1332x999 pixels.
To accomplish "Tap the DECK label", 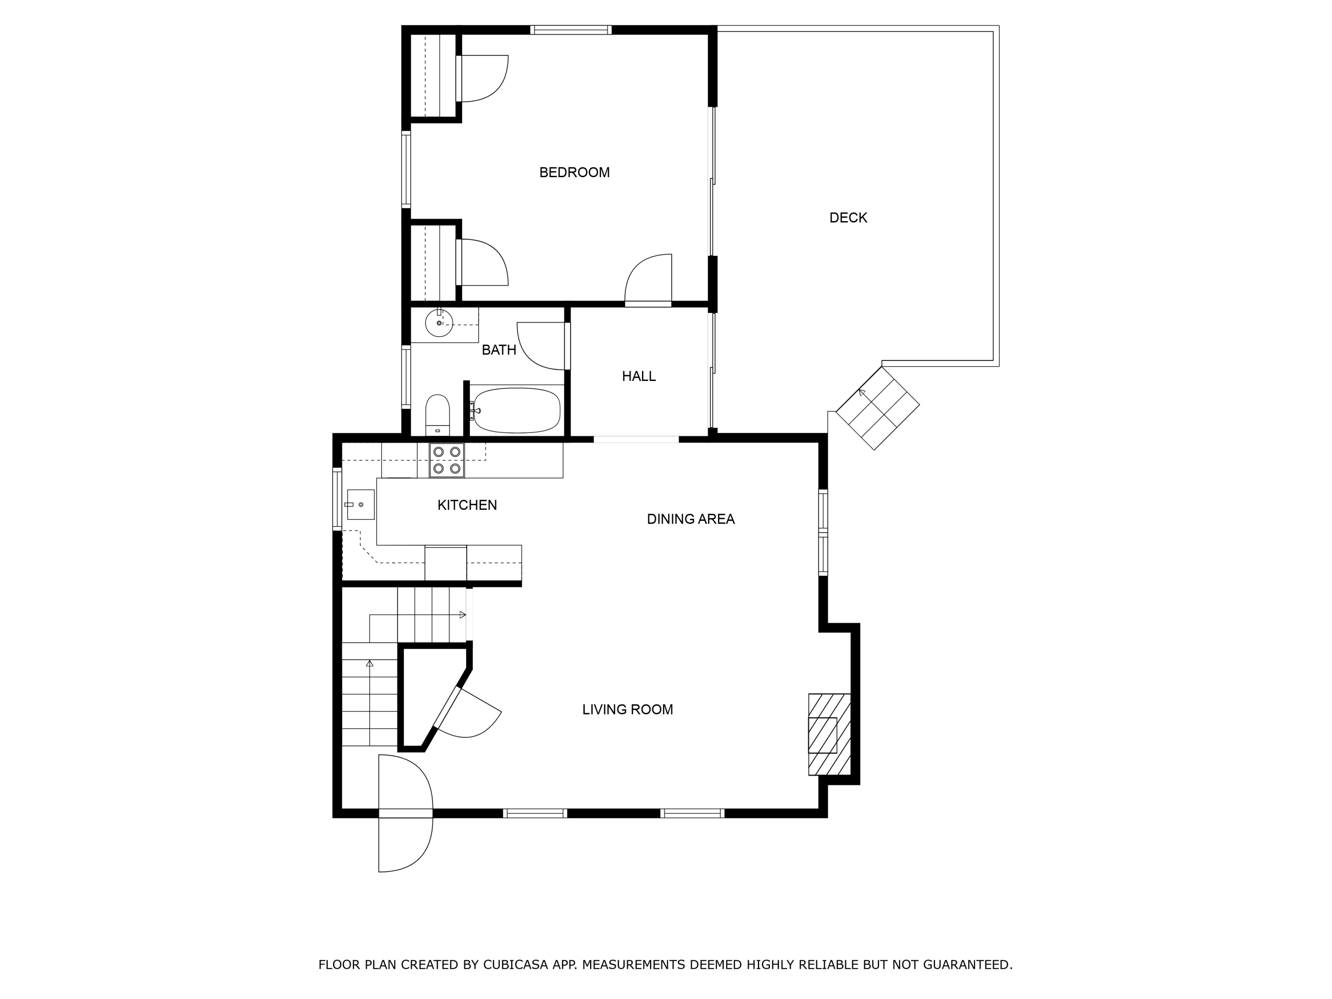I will [848, 218].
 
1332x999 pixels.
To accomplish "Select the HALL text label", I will [638, 377].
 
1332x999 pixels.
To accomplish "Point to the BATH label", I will [499, 350].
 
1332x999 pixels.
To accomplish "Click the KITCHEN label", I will [467, 505].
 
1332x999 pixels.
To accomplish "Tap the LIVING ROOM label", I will [627, 710].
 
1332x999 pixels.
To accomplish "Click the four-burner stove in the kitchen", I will [446, 461].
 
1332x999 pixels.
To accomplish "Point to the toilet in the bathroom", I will [437, 414].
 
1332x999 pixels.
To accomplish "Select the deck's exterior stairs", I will [878, 408].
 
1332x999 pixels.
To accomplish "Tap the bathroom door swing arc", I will [541, 345].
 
